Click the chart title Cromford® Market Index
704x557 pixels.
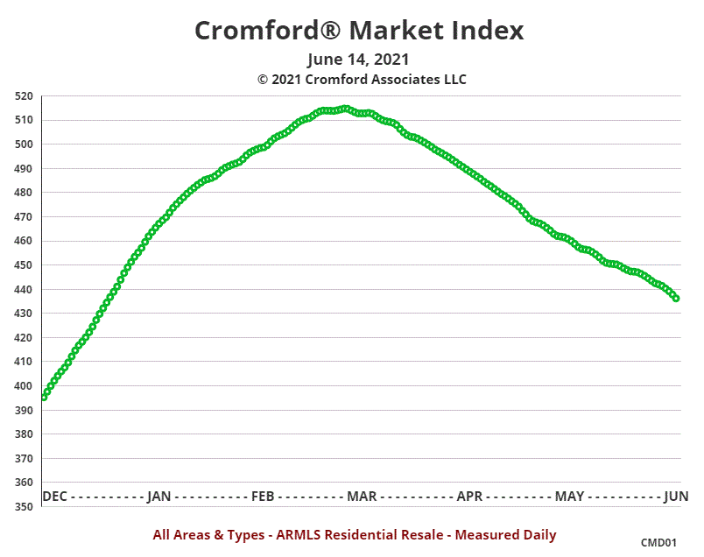[x=358, y=30]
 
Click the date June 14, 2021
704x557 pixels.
[x=358, y=60]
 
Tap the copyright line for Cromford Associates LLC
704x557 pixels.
[x=362, y=79]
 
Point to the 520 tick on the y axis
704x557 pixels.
[x=24, y=96]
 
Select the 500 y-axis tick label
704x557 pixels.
[x=24, y=145]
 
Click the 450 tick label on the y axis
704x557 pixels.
[x=24, y=265]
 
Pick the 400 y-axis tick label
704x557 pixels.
[x=24, y=386]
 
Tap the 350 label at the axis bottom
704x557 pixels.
[x=24, y=507]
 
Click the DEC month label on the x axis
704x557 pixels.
[x=54, y=497]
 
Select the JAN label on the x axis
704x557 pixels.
[x=158, y=497]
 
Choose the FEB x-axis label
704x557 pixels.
[x=263, y=497]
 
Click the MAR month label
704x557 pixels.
[x=362, y=497]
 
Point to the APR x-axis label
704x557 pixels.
[x=469, y=497]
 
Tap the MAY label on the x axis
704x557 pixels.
[x=569, y=497]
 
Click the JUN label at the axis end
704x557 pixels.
[x=676, y=497]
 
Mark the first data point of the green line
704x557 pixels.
[x=45, y=397]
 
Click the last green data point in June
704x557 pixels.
[x=675, y=298]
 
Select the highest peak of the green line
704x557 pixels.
[x=346, y=109]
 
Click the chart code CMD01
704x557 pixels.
[x=658, y=543]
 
